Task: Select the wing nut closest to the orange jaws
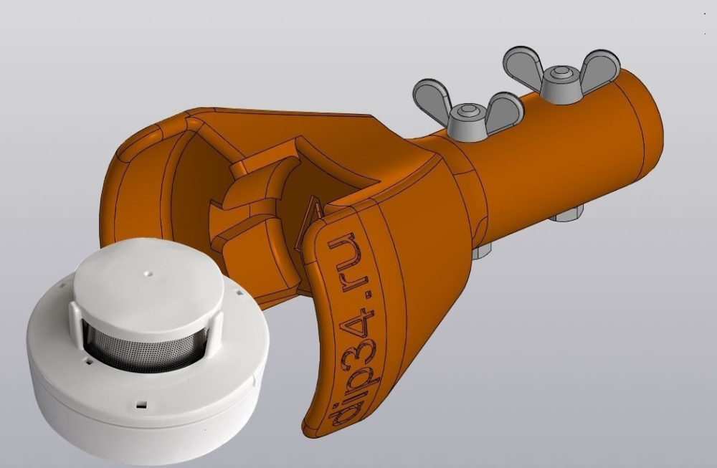point(467,110)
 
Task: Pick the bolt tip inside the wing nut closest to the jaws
point(468,110)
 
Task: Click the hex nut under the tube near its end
point(566,213)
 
